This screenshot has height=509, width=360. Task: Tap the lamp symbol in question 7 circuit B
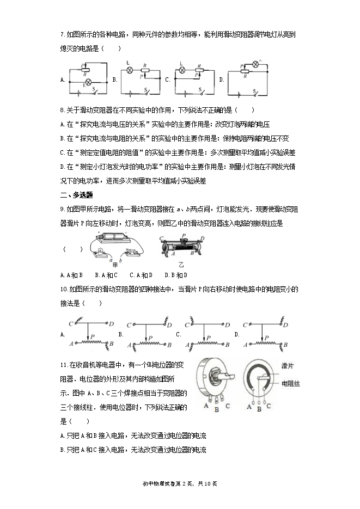point(130,70)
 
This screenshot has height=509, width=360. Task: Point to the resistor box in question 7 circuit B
point(145,70)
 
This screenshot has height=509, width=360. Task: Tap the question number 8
point(62,109)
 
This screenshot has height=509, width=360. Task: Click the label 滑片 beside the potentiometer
point(288,365)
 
